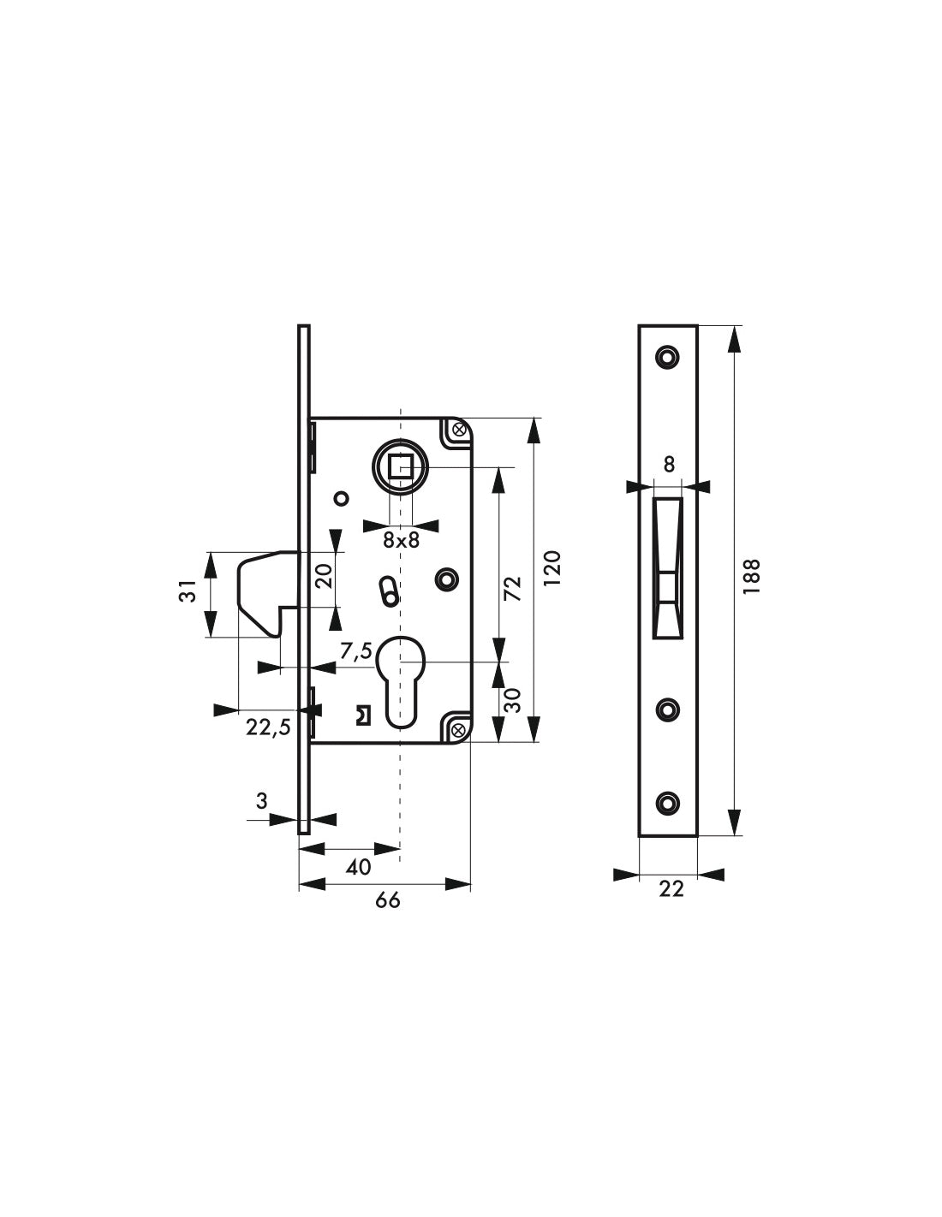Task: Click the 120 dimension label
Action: pyautogui.click(x=552, y=567)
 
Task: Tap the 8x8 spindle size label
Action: pyautogui.click(x=400, y=540)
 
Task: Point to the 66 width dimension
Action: pyautogui.click(x=388, y=900)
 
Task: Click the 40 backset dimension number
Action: pyautogui.click(x=359, y=867)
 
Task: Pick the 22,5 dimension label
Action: pyautogui.click(x=268, y=727)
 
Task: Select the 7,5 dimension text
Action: pyautogui.click(x=355, y=651)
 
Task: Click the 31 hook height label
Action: pyautogui.click(x=188, y=591)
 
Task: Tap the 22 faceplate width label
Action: pyautogui.click(x=671, y=889)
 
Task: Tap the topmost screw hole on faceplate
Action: pyautogui.click(x=665, y=355)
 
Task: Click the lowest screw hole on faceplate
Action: pyautogui.click(x=667, y=802)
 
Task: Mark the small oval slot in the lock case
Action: pyautogui.click(x=387, y=591)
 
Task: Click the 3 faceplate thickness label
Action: pyautogui.click(x=262, y=801)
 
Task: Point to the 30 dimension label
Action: pyautogui.click(x=512, y=700)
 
